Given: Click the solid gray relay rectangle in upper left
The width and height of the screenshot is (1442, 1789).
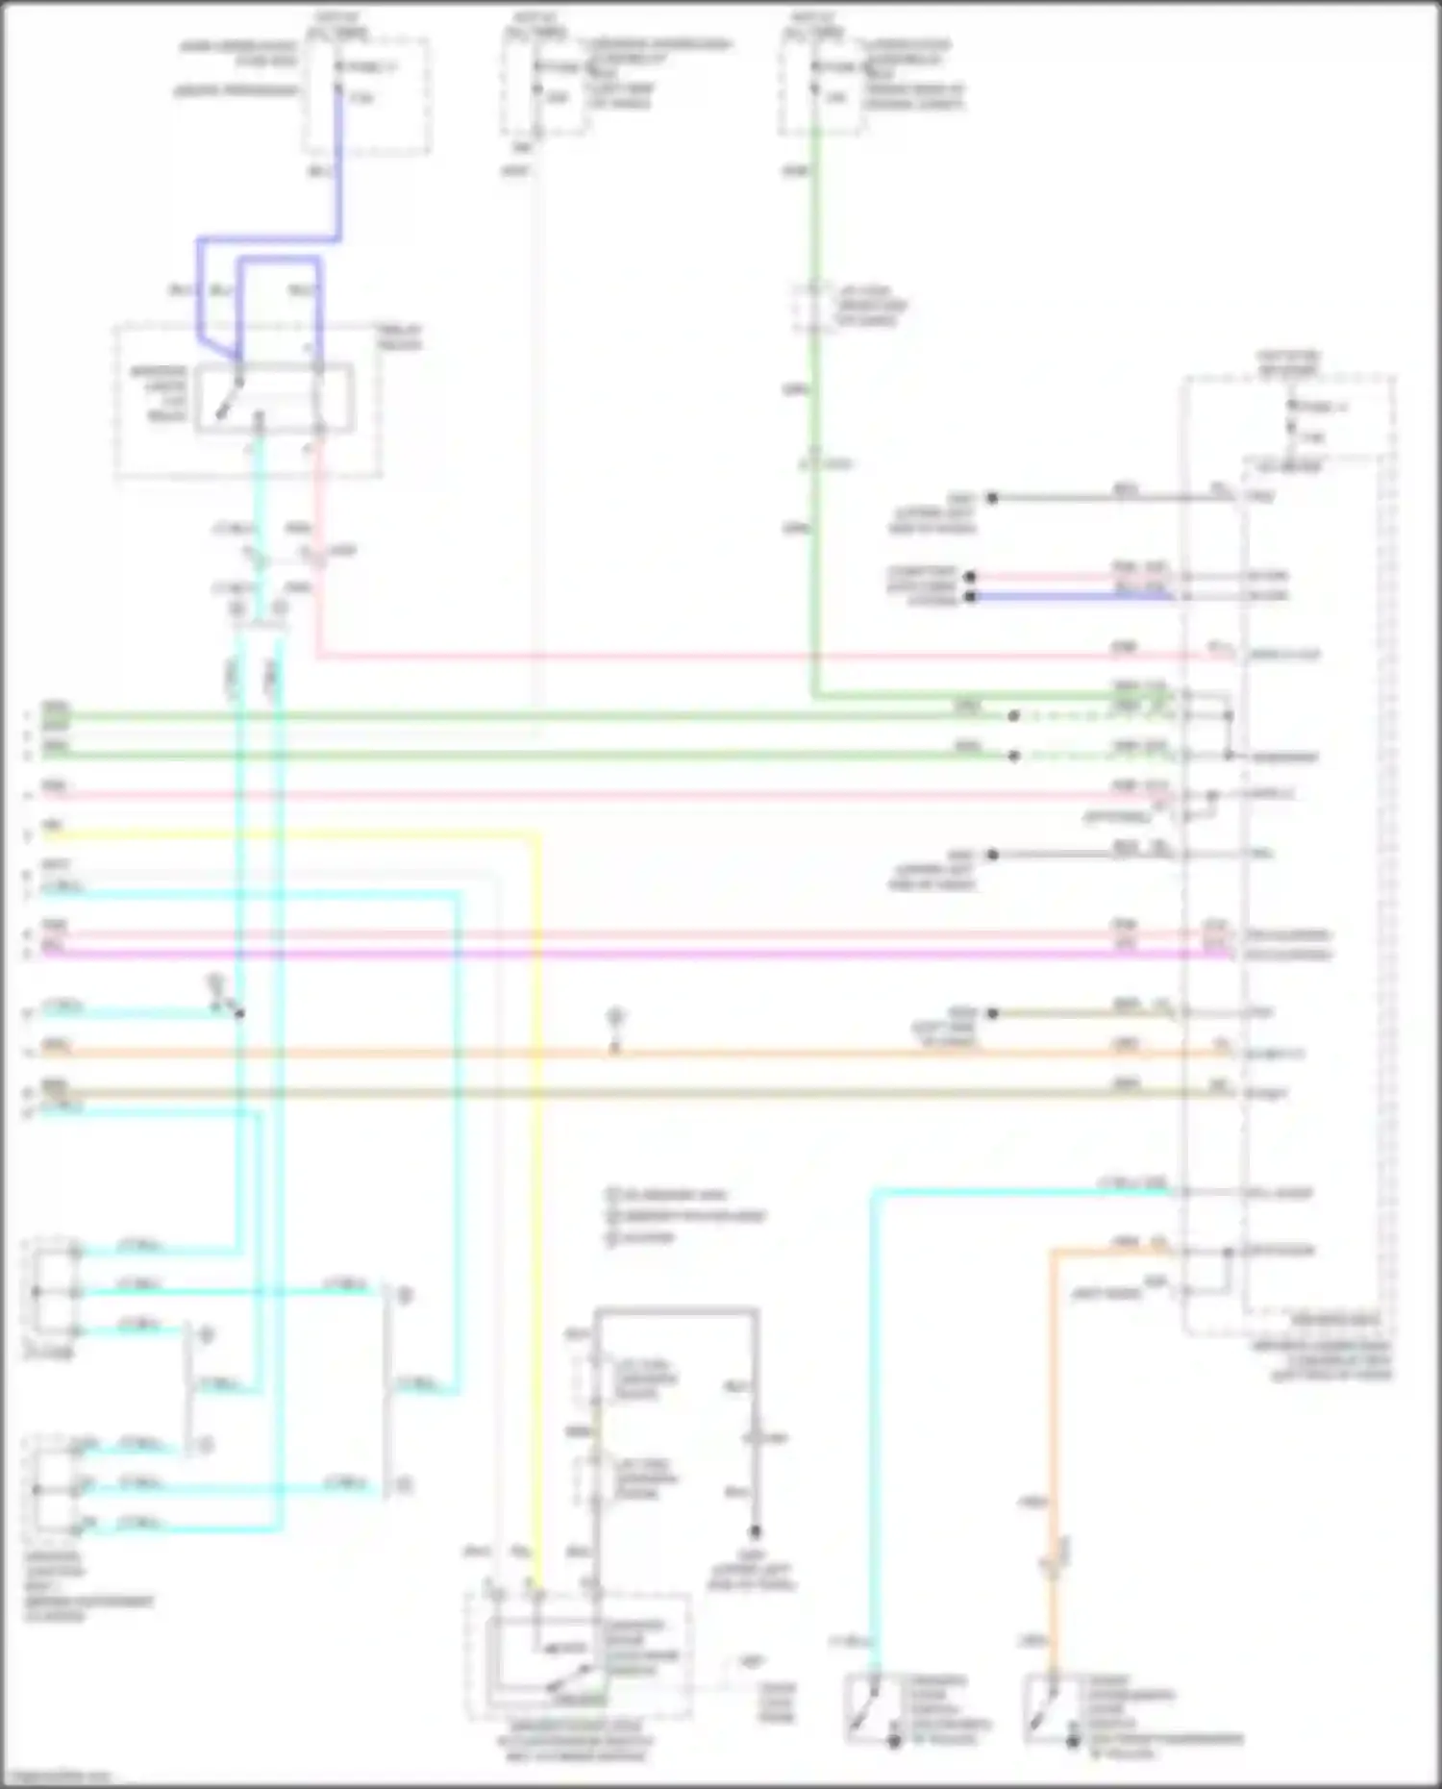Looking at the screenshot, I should pos(275,398).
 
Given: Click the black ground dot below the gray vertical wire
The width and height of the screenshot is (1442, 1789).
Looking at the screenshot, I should pos(756,1531).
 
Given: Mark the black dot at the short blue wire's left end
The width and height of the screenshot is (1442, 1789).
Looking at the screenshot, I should pos(971,597).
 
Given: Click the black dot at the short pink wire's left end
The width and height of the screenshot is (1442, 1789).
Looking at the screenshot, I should pos(971,577).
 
